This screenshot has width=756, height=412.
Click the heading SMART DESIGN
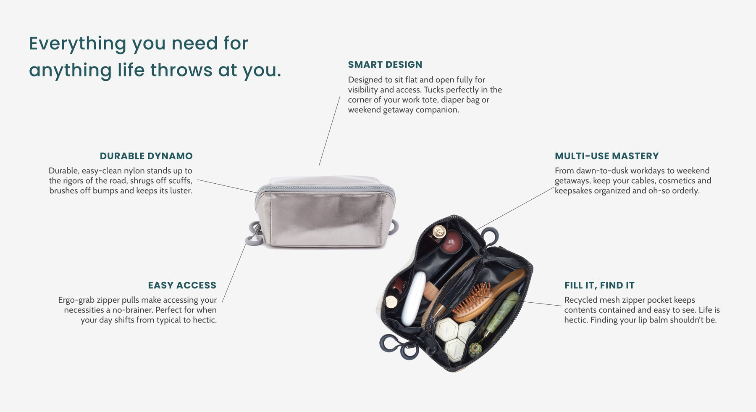click(385, 65)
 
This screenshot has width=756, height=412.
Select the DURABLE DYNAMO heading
click(146, 156)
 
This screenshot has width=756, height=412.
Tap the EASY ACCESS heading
click(182, 285)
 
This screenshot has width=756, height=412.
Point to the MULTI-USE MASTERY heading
click(606, 156)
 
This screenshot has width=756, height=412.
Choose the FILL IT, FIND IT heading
click(599, 285)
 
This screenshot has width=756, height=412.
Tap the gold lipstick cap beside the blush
click(439, 231)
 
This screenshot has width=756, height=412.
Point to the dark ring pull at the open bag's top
click(491, 235)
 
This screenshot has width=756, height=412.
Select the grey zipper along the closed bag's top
click(326, 188)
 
